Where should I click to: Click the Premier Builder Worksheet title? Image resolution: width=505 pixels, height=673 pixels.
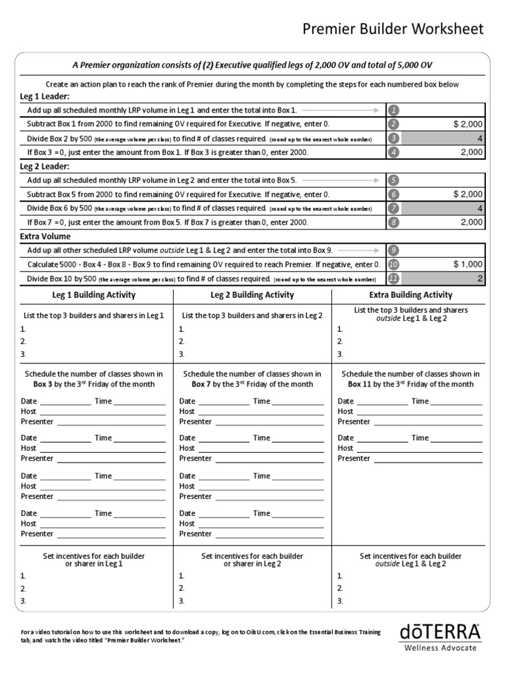[x=393, y=29]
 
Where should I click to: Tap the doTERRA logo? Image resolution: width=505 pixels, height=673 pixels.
[x=440, y=632]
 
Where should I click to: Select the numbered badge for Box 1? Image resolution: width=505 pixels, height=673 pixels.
[x=393, y=110]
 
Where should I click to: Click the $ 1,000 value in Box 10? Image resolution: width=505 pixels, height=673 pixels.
[x=468, y=264]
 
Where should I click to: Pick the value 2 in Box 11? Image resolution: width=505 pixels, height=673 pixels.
[x=480, y=278]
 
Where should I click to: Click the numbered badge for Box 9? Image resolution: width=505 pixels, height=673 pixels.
[x=393, y=250]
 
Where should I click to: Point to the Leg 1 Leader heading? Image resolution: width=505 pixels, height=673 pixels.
[x=45, y=96]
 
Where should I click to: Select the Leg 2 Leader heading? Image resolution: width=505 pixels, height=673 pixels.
[x=45, y=166]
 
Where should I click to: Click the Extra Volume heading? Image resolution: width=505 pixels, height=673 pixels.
[x=45, y=236]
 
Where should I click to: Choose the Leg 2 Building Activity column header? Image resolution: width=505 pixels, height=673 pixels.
[x=252, y=295]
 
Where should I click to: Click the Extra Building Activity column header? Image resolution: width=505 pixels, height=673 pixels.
[x=410, y=295]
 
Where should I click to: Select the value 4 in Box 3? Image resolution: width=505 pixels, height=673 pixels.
[x=480, y=138]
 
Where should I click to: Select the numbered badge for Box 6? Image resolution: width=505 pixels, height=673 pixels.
[x=393, y=195]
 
